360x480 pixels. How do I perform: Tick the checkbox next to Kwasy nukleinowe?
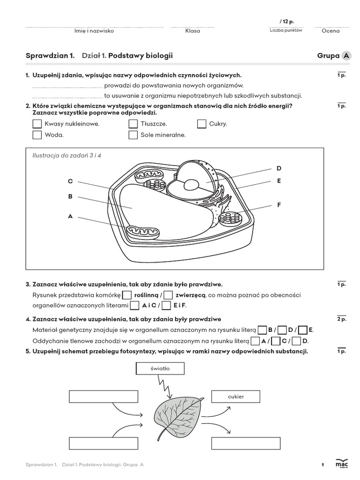37,124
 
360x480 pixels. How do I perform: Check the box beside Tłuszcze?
133,124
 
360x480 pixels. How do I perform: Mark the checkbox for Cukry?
202,124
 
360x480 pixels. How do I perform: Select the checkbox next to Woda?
37,135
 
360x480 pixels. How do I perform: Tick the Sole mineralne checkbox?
133,135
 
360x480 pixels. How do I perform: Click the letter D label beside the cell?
279,168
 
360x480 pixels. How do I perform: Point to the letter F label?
279,205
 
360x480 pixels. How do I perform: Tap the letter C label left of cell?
70,181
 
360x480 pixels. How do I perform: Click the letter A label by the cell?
70,216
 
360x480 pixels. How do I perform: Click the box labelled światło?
160,368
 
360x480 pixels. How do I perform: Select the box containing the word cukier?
236,397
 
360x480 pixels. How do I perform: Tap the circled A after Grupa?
346,56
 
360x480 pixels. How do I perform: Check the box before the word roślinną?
127,295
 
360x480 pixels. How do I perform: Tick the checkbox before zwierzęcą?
168,295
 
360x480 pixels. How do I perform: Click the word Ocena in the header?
330,31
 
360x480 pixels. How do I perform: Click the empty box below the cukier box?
236,443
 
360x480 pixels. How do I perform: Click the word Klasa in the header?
193,31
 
